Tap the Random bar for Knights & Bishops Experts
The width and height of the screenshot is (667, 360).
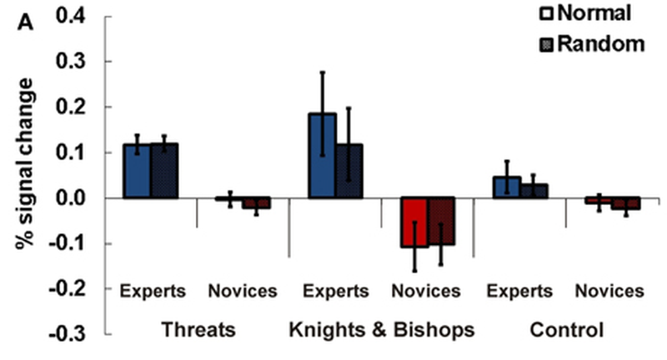349,172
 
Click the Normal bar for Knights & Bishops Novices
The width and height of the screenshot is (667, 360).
414,222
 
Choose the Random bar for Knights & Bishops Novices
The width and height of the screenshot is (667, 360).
442,221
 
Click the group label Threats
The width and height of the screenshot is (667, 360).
198,330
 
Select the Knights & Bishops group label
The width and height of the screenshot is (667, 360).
382,330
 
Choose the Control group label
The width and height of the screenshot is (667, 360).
567,330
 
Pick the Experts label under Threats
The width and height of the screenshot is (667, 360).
151,292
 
